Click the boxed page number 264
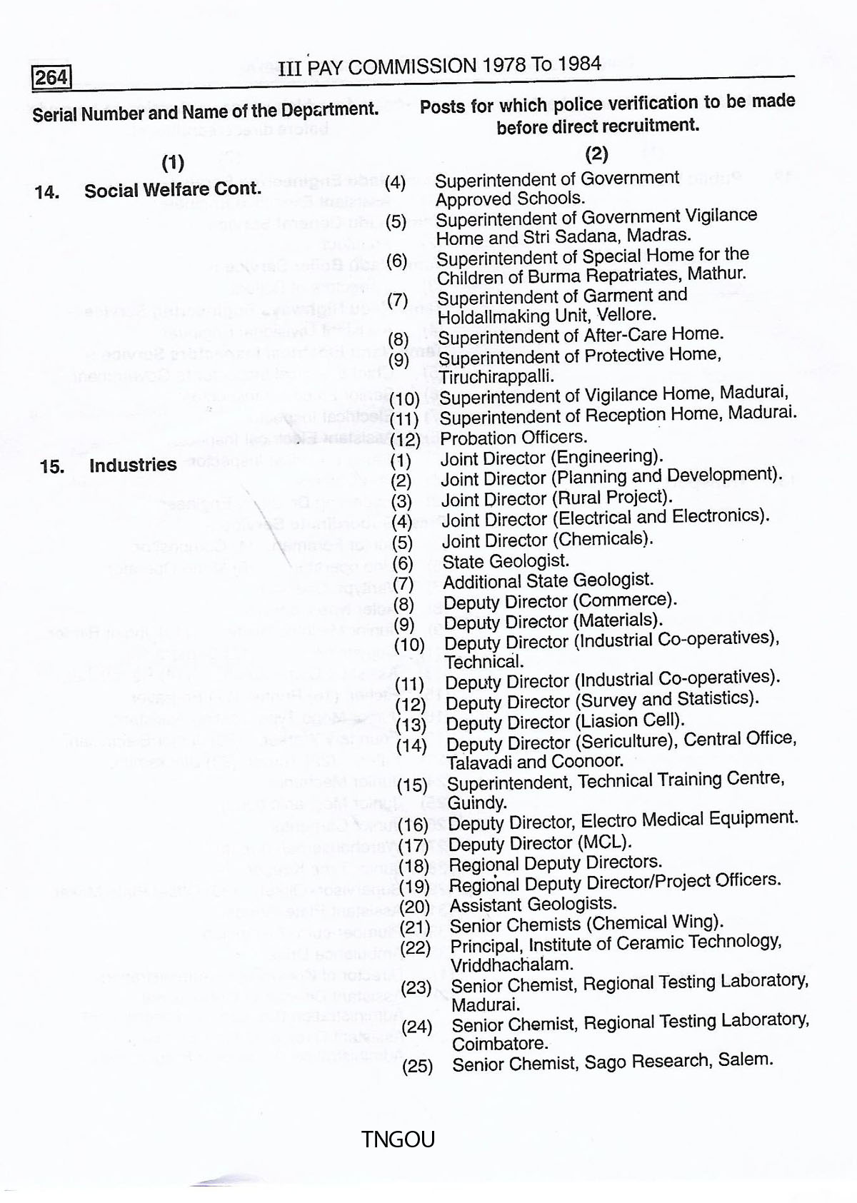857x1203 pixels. tap(51, 76)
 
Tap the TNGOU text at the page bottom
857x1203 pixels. tap(398, 1139)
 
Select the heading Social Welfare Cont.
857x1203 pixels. tap(172, 191)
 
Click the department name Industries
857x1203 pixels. tap(133, 465)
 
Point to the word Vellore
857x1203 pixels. tap(628, 315)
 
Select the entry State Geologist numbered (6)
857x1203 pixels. tap(506, 561)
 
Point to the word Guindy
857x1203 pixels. tap(476, 802)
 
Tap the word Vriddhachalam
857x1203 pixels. tap(511, 964)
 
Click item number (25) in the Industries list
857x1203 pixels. tap(417, 1067)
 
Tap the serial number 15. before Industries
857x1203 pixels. tap(52, 467)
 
